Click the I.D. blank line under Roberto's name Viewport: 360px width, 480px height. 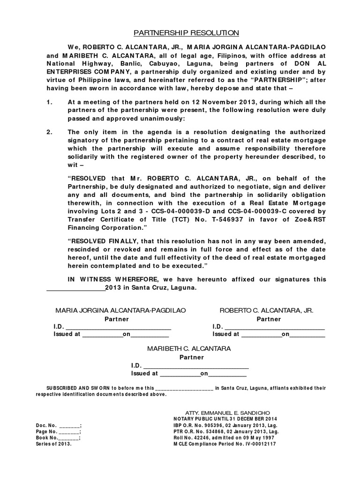275,327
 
